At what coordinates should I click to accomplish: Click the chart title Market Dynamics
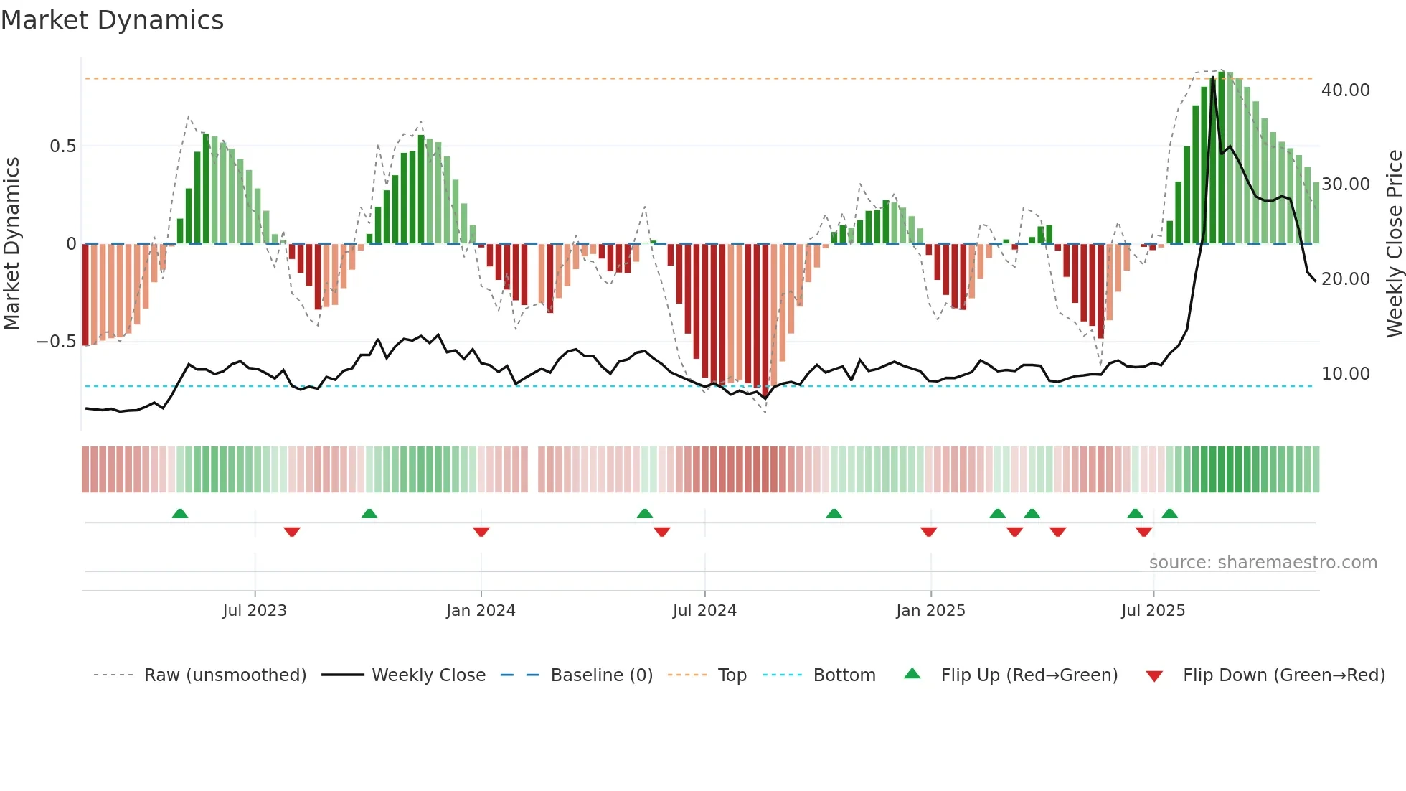[112, 20]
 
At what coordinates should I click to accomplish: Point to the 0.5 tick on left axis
[62, 146]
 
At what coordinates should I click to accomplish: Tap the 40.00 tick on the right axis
[1345, 90]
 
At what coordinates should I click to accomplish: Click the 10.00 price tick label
[1345, 374]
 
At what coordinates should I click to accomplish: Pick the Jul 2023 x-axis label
[255, 611]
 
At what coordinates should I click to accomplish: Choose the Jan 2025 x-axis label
[930, 611]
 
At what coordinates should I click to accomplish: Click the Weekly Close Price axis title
[1394, 244]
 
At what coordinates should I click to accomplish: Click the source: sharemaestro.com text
[1263, 563]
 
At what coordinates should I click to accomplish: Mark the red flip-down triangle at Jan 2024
[481, 532]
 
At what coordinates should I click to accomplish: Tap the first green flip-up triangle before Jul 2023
[180, 513]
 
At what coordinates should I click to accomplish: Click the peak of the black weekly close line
[1213, 78]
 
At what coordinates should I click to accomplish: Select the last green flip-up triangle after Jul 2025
[1169, 513]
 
